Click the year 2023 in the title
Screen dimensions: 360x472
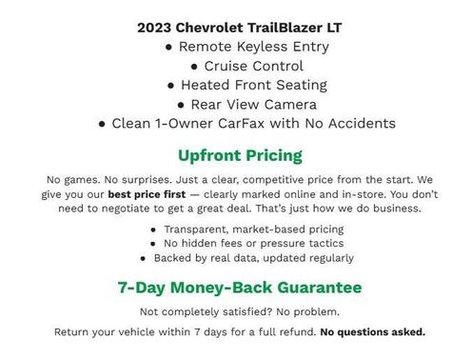tap(154, 27)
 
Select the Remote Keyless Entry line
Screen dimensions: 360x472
tap(246, 47)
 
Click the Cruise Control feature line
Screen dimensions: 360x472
tap(246, 66)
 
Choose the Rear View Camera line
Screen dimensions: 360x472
tap(246, 104)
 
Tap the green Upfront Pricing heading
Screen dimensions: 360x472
tap(240, 155)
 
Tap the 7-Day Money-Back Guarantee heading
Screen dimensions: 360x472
tap(240, 287)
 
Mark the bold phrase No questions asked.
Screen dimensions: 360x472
tap(372, 332)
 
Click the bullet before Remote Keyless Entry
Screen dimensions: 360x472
tap(168, 47)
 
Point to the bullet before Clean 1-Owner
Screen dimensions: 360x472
tap(103, 123)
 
